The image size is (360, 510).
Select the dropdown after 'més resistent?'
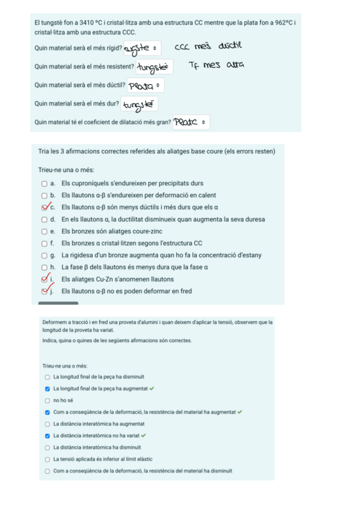154,66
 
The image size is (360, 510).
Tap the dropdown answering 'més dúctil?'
145,85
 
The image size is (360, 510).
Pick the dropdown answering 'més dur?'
139,105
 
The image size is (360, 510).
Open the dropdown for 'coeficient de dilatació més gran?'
191,123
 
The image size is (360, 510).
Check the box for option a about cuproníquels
44,183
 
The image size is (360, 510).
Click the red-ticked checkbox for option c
44,207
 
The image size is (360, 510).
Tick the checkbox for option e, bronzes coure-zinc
44,231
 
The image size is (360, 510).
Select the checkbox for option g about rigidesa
44,255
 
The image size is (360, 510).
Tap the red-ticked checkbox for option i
44,279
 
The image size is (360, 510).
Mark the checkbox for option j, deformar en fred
44,291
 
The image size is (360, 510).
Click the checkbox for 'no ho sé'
47,400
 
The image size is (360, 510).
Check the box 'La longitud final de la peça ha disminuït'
47,376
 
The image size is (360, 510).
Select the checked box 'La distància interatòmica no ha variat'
47,435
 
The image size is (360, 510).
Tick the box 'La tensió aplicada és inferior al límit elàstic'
47,459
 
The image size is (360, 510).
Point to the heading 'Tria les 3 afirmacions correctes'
156,151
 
